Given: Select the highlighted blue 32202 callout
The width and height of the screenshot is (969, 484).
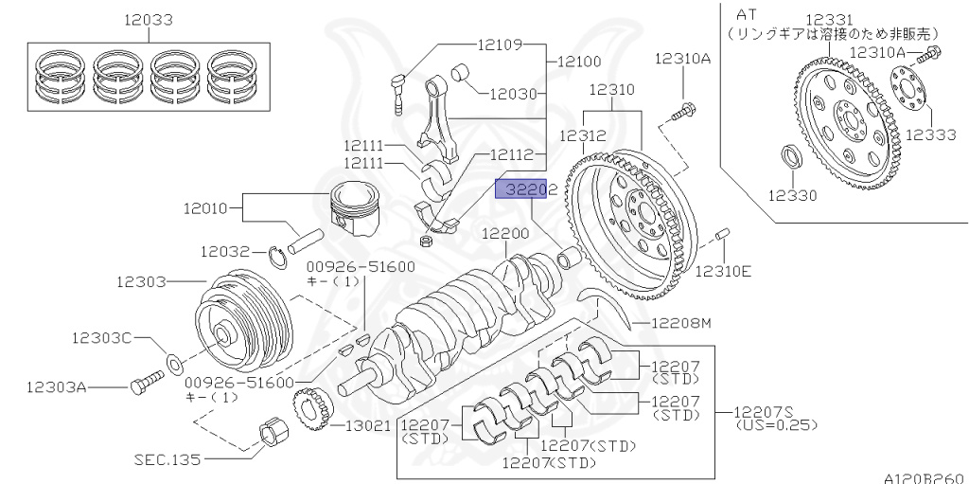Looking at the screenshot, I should pyautogui.click(x=523, y=190).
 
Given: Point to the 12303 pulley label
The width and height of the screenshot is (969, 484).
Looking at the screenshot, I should pyautogui.click(x=142, y=281).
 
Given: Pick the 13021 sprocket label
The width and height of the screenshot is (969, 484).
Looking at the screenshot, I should pyautogui.click(x=365, y=426).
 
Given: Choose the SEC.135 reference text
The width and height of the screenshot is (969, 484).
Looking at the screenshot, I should pyautogui.click(x=167, y=459).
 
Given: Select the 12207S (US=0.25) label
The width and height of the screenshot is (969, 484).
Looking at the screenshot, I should pyautogui.click(x=776, y=418).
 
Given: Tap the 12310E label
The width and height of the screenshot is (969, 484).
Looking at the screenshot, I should pyautogui.click(x=724, y=271).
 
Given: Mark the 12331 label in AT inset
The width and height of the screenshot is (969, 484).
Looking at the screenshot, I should pyautogui.click(x=829, y=19).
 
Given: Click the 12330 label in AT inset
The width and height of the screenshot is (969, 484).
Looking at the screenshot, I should pyautogui.click(x=792, y=196).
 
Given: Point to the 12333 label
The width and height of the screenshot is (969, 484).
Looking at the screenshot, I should pyautogui.click(x=930, y=135).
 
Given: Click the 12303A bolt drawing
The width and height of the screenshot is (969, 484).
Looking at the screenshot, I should pyautogui.click(x=142, y=383).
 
